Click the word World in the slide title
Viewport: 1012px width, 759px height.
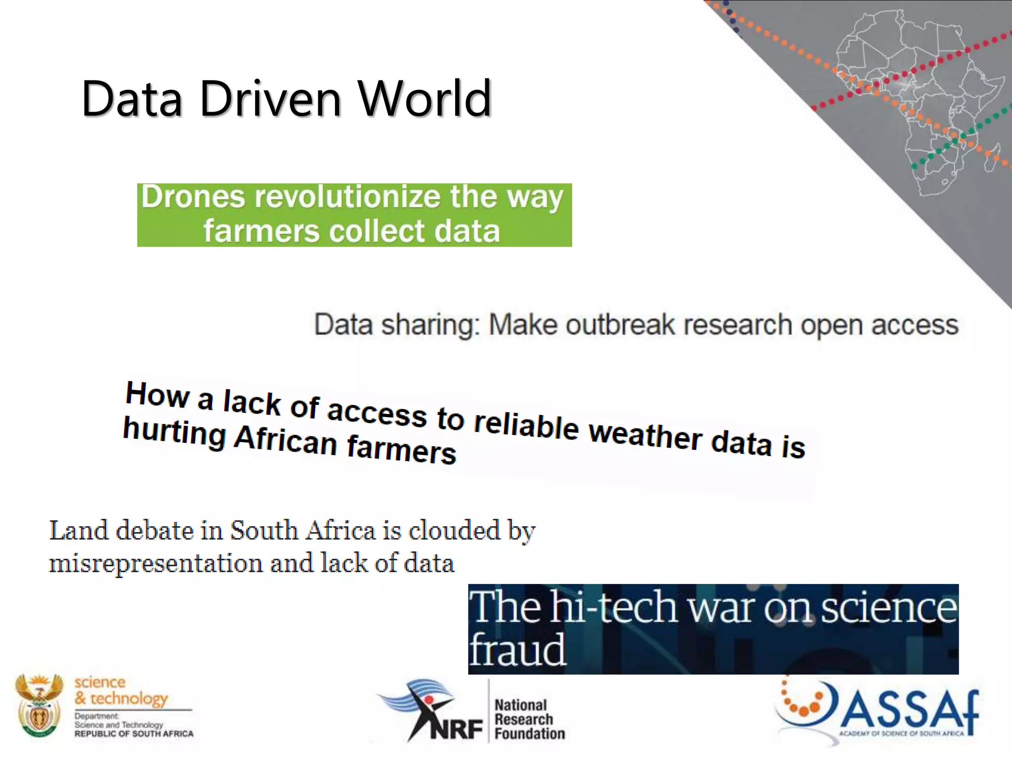point(425,99)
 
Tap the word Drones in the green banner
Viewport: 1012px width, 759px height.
point(193,197)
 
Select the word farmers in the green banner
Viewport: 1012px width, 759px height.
point(261,231)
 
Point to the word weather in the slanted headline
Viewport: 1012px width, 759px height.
point(645,434)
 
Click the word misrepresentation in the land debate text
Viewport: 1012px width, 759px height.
point(156,563)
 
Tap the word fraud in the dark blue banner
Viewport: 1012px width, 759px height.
point(517,650)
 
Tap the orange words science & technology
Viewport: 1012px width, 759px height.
point(121,691)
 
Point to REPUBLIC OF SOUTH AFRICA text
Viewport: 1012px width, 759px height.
point(134,734)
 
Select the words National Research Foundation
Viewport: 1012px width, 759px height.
point(529,719)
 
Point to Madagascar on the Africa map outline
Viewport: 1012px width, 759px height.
point(992,157)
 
